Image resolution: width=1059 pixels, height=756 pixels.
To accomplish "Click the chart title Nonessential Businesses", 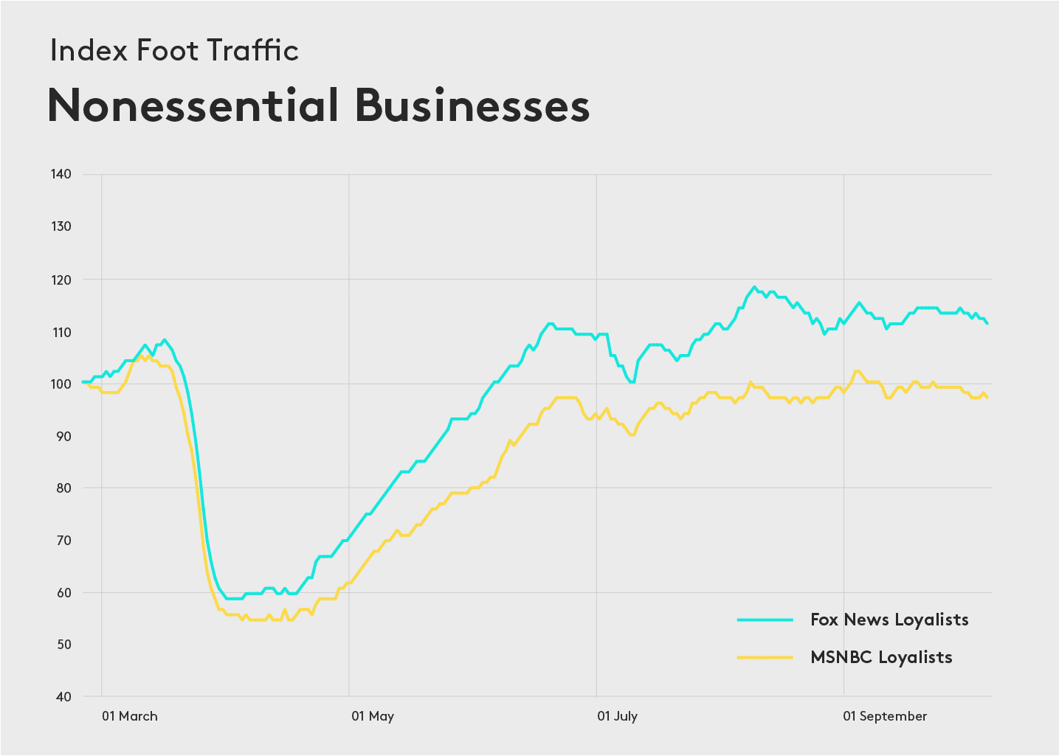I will click(318, 105).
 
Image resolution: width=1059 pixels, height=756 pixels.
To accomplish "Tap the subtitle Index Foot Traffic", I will click(174, 50).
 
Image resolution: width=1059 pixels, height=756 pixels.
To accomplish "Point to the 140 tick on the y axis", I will click(61, 174).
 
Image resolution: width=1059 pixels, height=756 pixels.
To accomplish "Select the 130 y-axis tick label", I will click(61, 226).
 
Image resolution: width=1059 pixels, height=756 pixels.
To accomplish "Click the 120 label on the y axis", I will click(61, 280).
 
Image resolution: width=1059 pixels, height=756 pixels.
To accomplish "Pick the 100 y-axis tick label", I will click(61, 384).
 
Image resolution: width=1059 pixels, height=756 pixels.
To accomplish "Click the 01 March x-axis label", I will click(130, 716).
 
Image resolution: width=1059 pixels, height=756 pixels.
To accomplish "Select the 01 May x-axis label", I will click(373, 716).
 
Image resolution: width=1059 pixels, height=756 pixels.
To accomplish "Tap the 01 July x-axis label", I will click(618, 716).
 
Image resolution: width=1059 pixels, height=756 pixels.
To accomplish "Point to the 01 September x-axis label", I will click(886, 716).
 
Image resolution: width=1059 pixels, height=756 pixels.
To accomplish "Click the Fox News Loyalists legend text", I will click(889, 620).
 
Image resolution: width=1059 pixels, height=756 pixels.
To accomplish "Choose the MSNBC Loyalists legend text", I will click(881, 657).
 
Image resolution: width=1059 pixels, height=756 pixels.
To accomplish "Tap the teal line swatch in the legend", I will click(765, 620).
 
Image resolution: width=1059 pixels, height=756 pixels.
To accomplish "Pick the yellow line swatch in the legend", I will click(765, 657).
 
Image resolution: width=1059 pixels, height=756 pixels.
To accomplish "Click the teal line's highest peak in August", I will click(753, 287).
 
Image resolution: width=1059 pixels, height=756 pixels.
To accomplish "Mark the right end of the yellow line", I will click(987, 398).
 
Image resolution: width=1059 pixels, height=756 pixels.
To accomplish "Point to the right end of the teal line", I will click(987, 323).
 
